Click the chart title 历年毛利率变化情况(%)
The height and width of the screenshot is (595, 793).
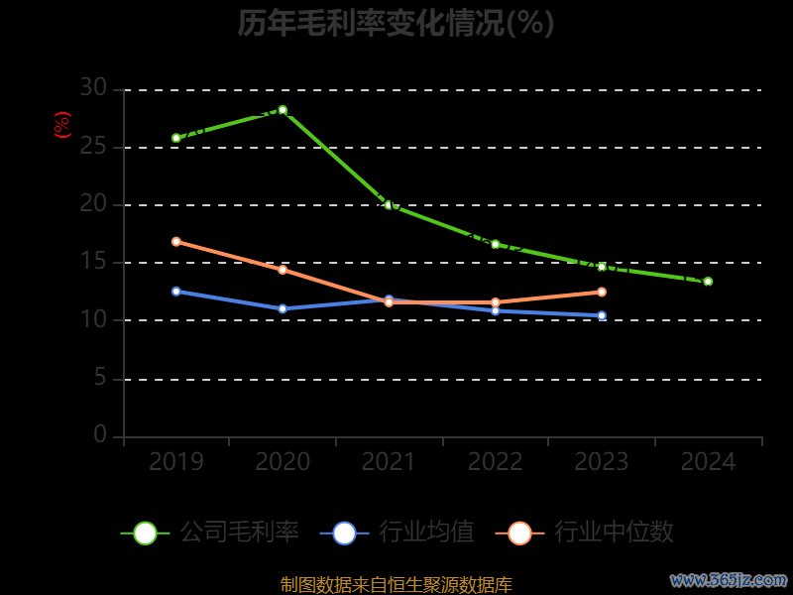point(396,23)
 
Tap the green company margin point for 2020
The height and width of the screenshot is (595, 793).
point(283,110)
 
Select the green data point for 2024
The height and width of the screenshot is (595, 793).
point(708,282)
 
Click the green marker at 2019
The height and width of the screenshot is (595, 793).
point(176,138)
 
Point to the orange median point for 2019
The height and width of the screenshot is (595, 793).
point(176,241)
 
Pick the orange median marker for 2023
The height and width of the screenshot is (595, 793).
point(602,292)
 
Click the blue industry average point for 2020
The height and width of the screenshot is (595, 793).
point(283,308)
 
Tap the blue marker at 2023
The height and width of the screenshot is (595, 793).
point(602,315)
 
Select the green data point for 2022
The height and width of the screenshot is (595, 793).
point(496,244)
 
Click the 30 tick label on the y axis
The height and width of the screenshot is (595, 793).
point(93,88)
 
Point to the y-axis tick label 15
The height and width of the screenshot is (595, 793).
point(93,262)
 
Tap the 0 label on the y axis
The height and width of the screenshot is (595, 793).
point(100,434)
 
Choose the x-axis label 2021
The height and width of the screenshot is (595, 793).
point(389,462)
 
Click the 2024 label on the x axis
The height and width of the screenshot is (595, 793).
point(709,462)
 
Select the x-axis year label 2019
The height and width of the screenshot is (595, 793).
point(176,462)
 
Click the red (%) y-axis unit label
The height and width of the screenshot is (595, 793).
point(61,125)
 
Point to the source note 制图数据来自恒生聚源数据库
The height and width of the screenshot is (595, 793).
point(396,584)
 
